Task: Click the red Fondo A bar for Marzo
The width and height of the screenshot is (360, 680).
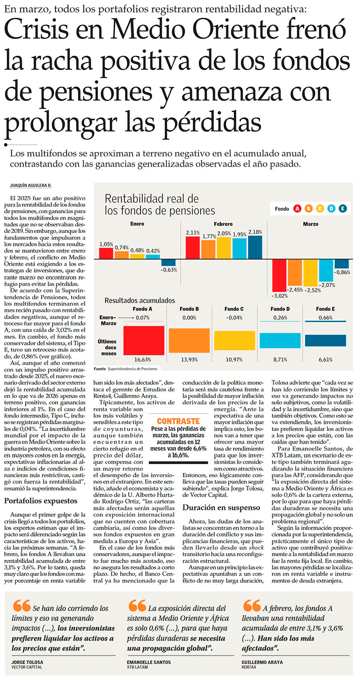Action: (279, 275)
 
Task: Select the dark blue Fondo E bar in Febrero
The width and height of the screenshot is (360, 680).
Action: (255, 247)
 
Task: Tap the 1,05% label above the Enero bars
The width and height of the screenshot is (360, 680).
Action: (106, 244)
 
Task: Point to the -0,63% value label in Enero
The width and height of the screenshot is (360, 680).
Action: (169, 269)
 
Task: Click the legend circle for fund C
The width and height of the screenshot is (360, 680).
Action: (320, 208)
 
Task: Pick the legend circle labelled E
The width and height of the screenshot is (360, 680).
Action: (343, 208)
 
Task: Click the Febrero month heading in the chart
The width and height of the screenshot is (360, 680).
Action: (223, 224)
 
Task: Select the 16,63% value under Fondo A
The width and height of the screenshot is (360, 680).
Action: (142, 359)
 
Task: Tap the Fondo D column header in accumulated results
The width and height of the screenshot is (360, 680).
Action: (280, 309)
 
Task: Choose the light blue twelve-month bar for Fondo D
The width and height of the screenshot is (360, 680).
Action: (280, 340)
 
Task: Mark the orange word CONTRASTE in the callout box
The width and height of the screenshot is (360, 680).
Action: (179, 421)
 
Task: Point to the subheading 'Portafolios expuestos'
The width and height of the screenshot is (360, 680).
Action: (41, 500)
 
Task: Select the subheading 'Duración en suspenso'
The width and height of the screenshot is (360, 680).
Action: (221, 507)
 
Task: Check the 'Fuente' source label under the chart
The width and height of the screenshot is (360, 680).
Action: (99, 369)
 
